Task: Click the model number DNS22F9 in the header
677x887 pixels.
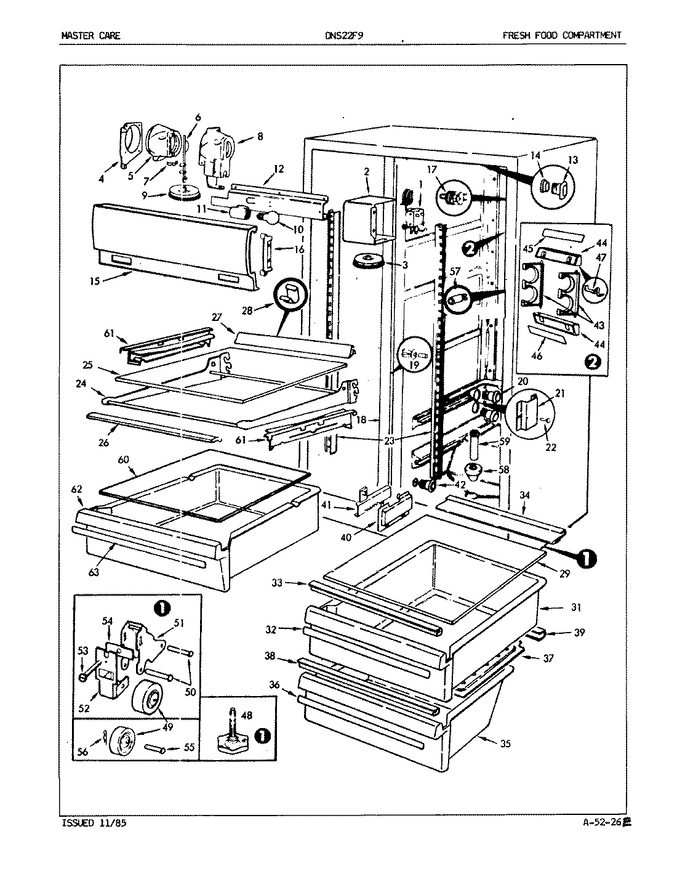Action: pos(344,35)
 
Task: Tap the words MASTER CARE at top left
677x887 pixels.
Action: pos(90,35)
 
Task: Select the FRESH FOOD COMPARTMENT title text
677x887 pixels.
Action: pos(561,35)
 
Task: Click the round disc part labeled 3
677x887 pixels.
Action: pos(368,261)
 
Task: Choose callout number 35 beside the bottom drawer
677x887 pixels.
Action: pos(505,743)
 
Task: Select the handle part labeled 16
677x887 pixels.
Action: pos(265,251)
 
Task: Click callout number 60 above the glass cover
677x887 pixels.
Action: pos(123,460)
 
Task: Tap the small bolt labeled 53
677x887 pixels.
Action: pos(83,678)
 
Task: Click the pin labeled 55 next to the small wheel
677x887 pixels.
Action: pos(154,748)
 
